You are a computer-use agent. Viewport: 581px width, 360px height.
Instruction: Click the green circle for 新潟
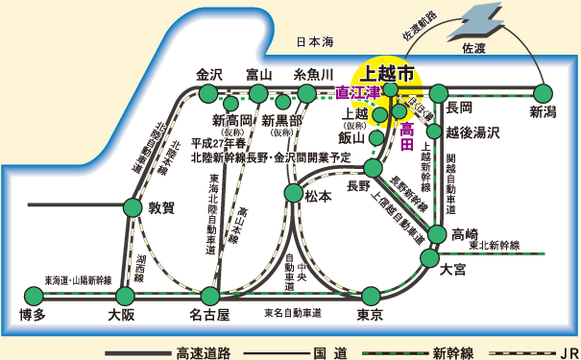pos(543,93)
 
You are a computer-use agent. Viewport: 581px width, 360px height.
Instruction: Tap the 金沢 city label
pos(209,74)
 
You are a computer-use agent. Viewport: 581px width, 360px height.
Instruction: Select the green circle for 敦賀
pos(133,205)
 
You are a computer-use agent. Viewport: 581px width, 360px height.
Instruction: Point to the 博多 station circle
pos(33,295)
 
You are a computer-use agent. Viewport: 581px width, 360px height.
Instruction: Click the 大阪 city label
pos(121,314)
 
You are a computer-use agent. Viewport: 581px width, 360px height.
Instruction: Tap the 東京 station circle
pos(371,295)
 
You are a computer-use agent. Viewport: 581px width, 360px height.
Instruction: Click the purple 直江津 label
pos(357,94)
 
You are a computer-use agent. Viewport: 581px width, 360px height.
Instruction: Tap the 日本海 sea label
pos(314,41)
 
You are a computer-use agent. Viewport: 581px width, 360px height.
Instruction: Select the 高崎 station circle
pos(438,234)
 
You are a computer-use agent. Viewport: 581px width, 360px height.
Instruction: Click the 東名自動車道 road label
pos(292,313)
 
